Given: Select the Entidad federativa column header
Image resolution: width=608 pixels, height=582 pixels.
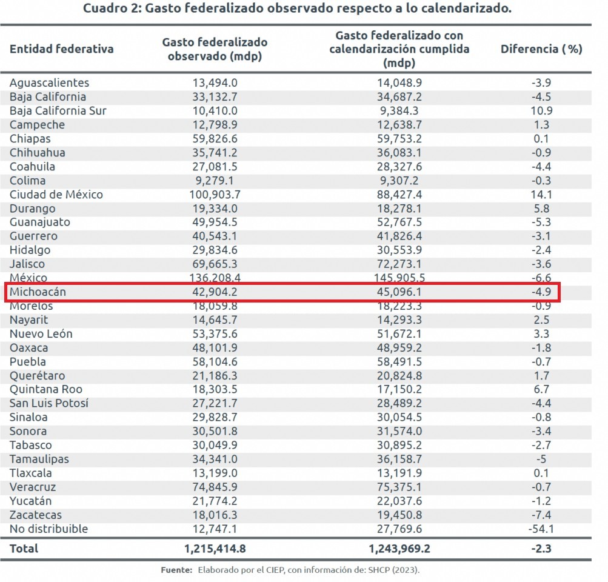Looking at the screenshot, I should click(x=61, y=49).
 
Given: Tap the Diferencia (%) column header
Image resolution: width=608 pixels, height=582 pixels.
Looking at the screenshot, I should click(x=541, y=49).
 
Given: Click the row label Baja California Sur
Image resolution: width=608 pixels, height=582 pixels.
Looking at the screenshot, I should click(x=58, y=111).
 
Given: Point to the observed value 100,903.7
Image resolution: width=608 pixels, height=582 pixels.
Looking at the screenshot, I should click(x=215, y=195).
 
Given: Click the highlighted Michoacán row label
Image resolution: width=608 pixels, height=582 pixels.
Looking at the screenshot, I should click(x=38, y=292).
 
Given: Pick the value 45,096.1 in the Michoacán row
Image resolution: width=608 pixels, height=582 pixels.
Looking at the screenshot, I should click(x=399, y=292).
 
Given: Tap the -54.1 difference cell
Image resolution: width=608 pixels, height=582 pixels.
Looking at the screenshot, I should click(x=539, y=529).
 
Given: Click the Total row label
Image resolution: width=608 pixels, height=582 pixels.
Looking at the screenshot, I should click(x=24, y=549).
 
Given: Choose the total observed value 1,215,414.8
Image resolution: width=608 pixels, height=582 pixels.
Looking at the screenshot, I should click(x=215, y=549).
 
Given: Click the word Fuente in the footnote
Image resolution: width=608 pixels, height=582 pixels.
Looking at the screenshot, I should click(x=176, y=570).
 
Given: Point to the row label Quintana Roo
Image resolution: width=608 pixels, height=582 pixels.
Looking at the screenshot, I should click(x=46, y=389).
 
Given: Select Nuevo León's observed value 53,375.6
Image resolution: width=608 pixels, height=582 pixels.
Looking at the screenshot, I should click(x=215, y=334).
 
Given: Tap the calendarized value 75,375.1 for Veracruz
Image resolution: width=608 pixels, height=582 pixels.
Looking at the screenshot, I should click(x=399, y=487).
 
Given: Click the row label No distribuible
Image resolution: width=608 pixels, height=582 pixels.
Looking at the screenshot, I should click(x=48, y=529).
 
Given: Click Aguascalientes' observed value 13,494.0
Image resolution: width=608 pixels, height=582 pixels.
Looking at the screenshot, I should click(x=215, y=83).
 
